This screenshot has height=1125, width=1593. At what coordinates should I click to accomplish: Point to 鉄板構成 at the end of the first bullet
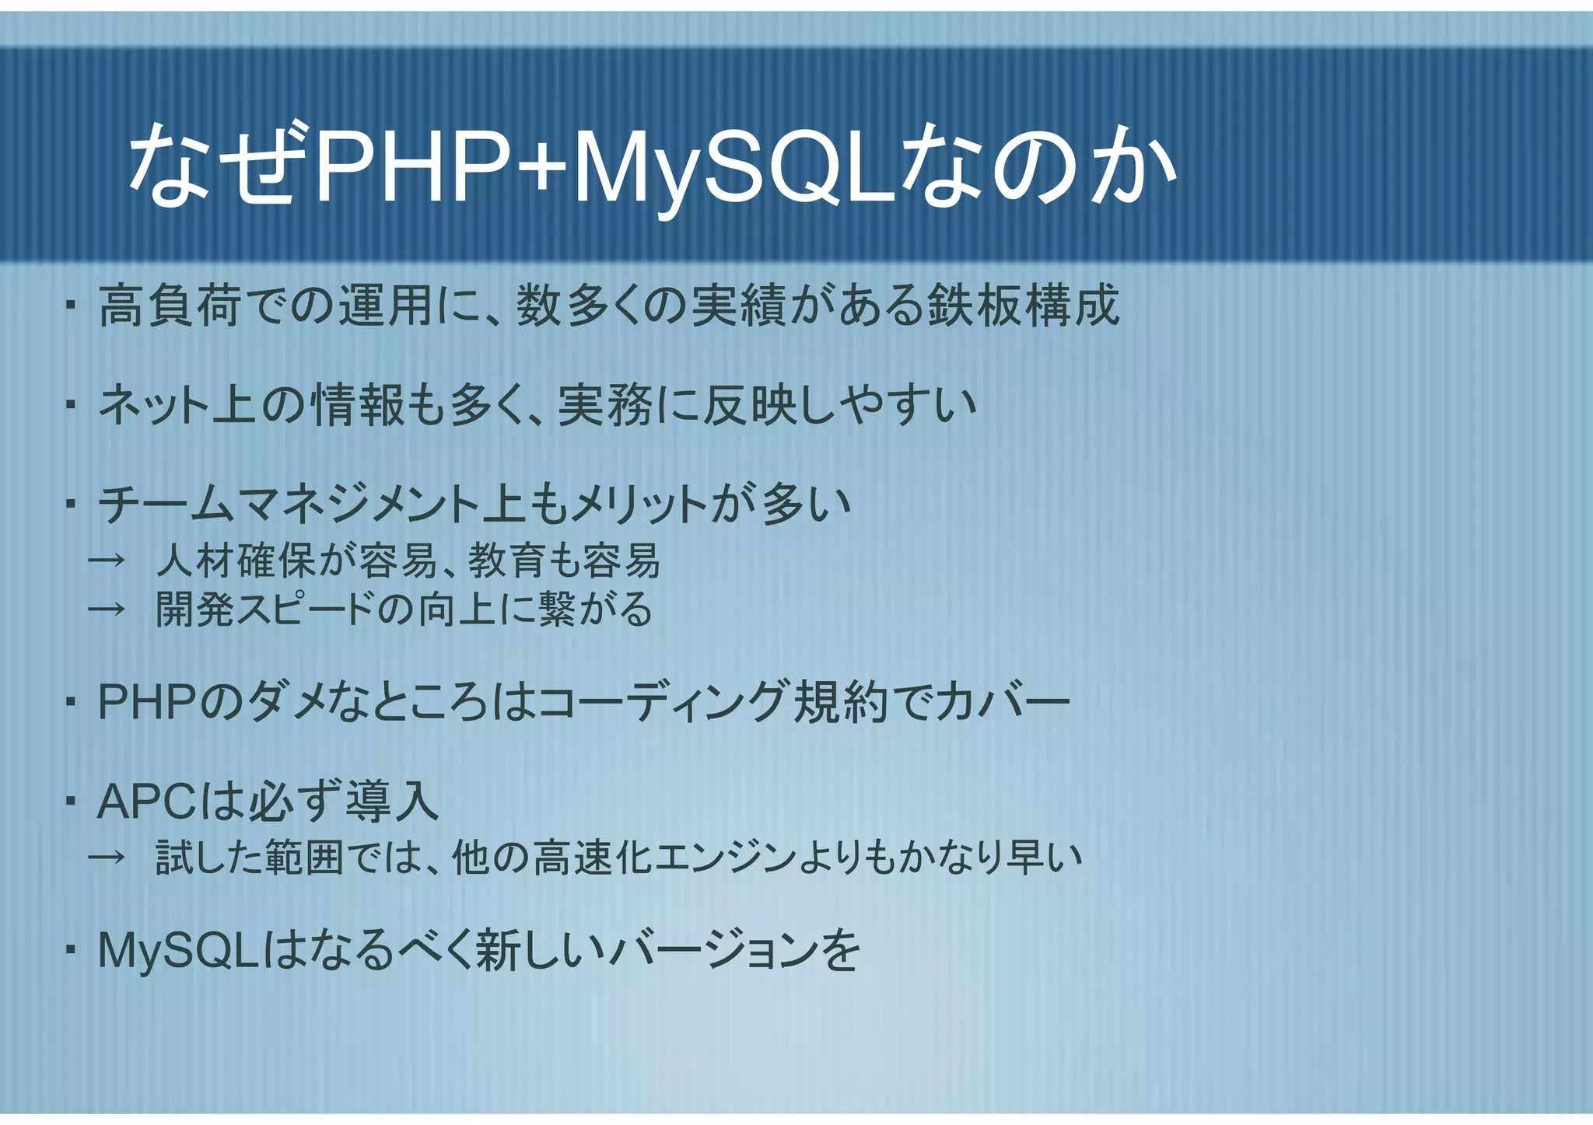(1024, 306)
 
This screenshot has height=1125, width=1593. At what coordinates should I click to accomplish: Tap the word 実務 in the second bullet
(605, 405)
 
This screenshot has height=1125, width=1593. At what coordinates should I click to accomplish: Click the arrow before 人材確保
(107, 561)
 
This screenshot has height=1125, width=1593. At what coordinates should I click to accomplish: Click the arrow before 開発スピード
(107, 610)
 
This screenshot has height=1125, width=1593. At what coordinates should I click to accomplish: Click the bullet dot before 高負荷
(70, 306)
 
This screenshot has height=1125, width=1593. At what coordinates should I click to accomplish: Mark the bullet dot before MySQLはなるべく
(70, 950)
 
